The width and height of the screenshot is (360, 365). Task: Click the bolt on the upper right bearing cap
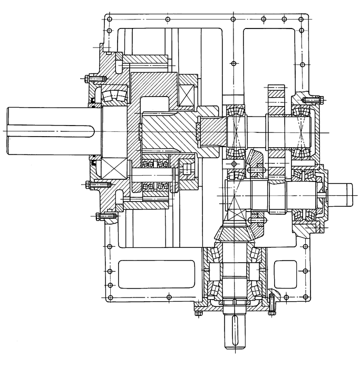click(316, 99)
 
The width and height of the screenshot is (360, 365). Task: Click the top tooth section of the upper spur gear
click(276, 92)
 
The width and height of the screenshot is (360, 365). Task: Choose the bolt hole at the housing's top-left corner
click(109, 20)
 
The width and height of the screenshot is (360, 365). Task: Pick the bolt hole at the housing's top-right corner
click(303, 20)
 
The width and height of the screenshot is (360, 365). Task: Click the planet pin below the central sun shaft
click(156, 172)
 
